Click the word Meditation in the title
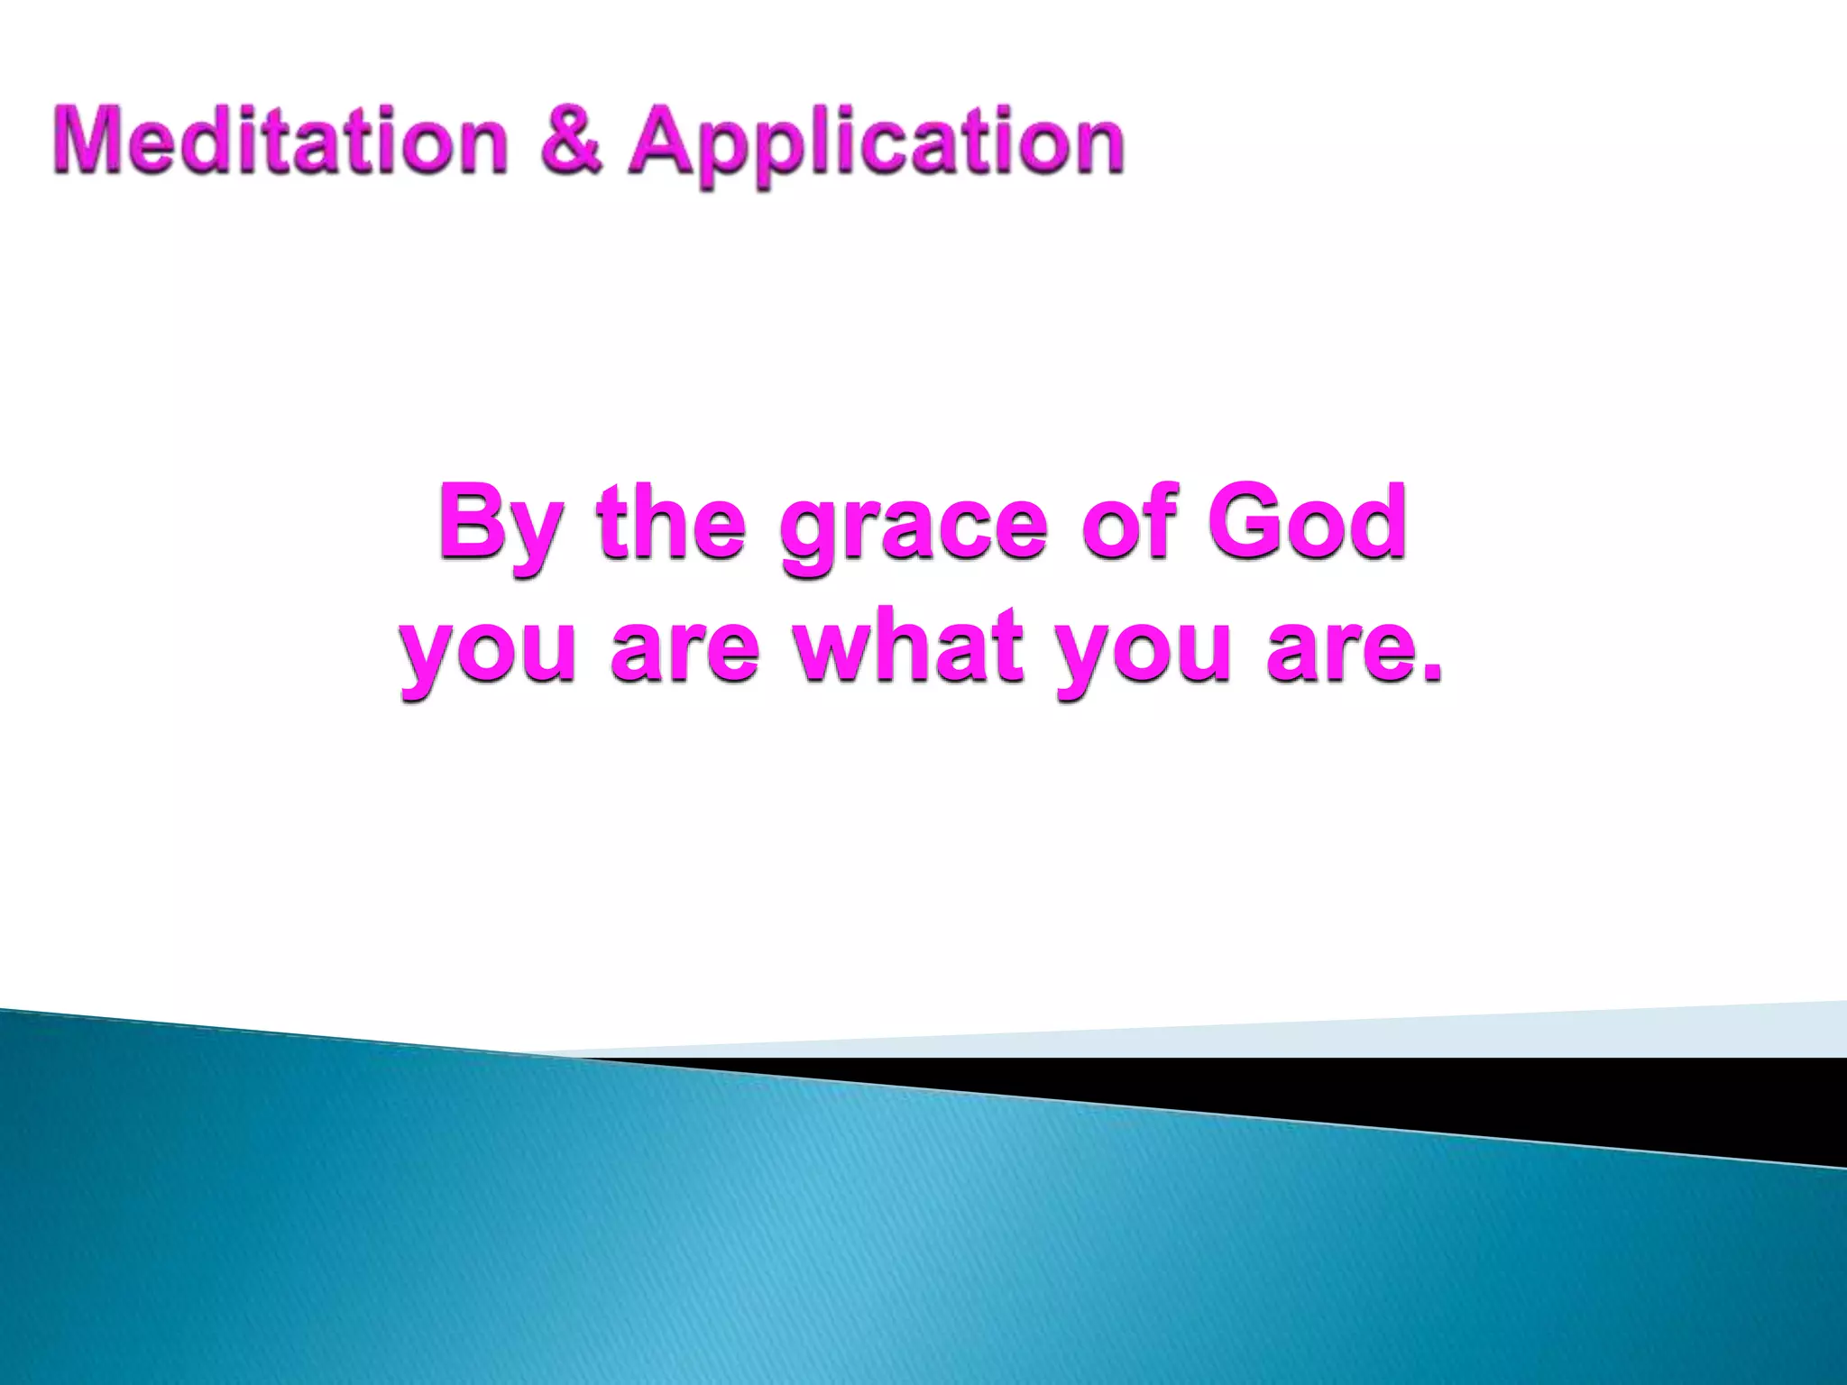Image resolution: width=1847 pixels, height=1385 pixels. [280, 141]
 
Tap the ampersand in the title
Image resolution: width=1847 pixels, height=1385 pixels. [571, 141]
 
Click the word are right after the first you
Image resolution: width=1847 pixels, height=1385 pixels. [685, 649]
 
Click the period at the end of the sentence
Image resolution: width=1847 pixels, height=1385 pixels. [1430, 673]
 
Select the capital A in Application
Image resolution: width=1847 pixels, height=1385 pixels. [669, 141]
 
